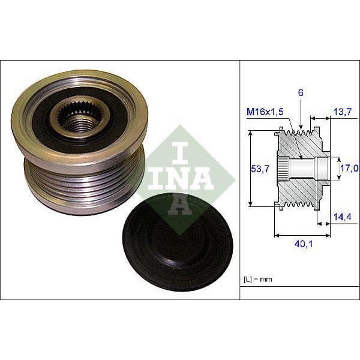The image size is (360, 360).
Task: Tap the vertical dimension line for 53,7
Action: tap(250, 170)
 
